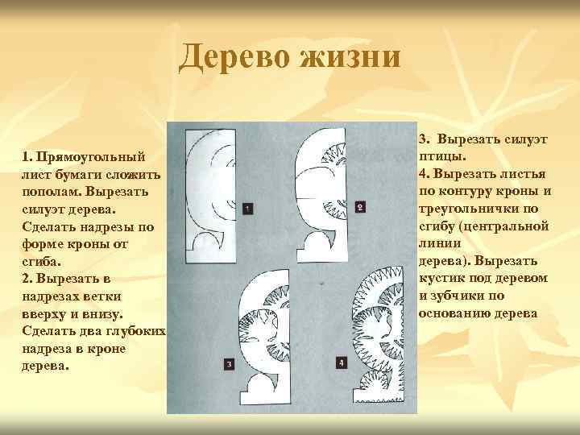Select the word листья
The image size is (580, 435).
point(523,173)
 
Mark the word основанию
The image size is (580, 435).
point(457,313)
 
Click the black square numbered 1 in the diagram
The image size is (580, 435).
point(246,209)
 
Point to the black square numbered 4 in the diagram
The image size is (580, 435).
point(342,363)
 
